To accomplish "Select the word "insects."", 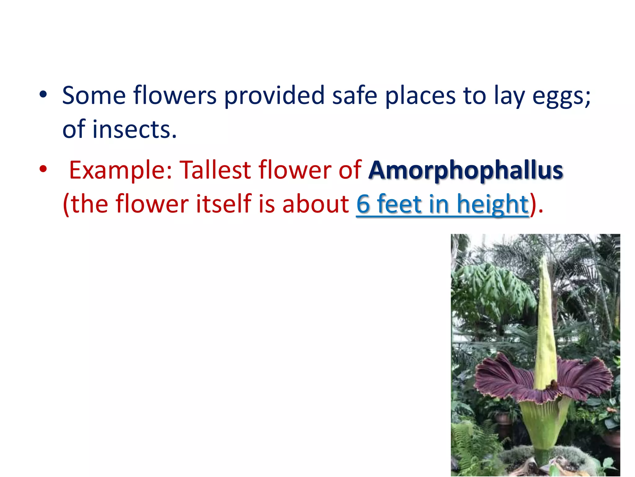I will point(135,129).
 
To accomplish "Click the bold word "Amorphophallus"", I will point(465,170).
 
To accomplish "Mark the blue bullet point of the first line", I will point(43,94).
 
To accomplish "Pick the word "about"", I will point(316,204).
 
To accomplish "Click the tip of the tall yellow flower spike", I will point(543,259).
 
